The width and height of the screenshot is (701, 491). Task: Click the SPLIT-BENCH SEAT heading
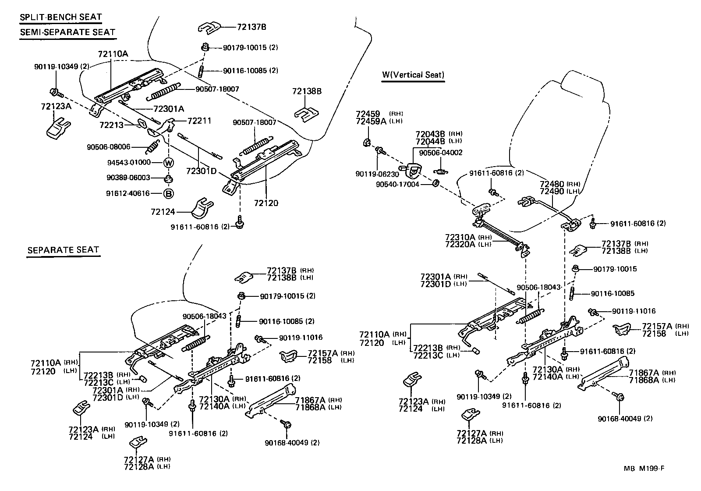60,18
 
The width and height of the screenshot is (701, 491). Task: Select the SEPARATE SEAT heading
63,250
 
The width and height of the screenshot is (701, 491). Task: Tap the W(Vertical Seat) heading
413,75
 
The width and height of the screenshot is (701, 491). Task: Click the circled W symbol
169,163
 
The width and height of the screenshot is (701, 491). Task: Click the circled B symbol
169,193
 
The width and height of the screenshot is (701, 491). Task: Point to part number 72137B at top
251,27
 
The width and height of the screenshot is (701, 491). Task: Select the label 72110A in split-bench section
113,54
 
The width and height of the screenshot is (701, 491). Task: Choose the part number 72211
199,120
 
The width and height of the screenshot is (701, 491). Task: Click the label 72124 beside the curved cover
163,212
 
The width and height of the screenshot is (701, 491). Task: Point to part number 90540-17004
397,184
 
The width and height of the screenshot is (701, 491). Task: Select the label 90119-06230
377,174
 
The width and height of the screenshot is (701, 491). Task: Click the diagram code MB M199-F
644,468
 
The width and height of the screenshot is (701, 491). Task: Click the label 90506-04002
440,153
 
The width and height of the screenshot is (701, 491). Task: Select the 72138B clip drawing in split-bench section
306,114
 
